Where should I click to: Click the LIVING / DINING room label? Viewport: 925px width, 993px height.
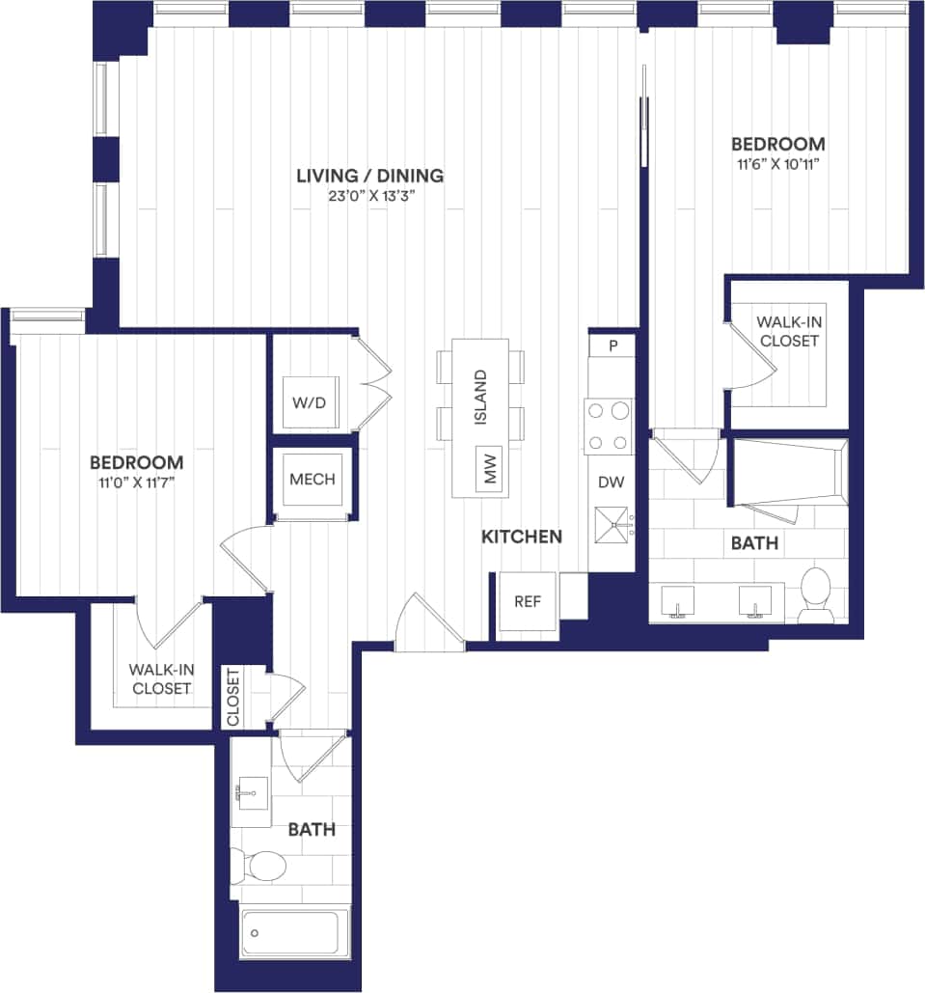coord(369,176)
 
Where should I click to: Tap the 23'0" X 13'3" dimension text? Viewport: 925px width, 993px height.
coord(369,197)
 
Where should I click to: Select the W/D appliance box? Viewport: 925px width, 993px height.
coord(311,402)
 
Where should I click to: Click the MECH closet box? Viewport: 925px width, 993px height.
coord(312,480)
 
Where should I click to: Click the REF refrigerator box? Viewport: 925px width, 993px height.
coord(527,601)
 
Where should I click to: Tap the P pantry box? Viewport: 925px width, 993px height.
coord(612,345)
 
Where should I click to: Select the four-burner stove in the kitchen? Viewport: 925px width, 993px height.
coord(610,427)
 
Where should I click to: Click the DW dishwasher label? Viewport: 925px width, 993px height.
coord(611,483)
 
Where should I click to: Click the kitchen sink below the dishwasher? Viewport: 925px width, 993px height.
coord(612,527)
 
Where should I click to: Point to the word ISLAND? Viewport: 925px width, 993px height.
coord(481,397)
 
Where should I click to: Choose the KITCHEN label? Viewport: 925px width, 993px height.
coord(522,537)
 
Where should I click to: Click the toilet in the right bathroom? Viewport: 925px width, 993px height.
coord(816,593)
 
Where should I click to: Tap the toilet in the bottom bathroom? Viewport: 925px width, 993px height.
coord(258,866)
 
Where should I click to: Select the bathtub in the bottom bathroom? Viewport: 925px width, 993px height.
coord(294,932)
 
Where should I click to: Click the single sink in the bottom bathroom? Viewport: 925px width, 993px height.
coord(251,797)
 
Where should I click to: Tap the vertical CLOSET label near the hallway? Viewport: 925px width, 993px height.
coord(233,698)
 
